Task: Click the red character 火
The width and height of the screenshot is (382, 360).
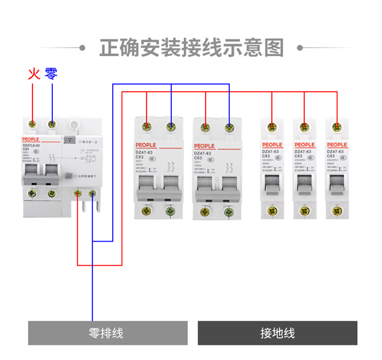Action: click(34, 74)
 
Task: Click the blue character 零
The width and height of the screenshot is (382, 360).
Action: click(52, 74)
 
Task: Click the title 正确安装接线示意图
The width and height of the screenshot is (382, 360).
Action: click(191, 47)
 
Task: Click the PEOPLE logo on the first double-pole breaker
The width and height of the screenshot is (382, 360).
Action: click(146, 146)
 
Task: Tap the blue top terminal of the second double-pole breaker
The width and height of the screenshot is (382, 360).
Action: click(229, 127)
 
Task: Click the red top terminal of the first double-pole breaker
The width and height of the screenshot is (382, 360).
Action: click(148, 127)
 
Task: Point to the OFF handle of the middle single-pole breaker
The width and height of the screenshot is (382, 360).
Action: click(304, 180)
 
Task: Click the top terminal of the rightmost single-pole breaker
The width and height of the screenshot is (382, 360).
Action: click(336, 127)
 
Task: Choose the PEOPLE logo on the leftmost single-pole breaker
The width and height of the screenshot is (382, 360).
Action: click(272, 145)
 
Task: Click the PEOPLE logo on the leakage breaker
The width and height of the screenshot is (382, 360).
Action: click(31, 138)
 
